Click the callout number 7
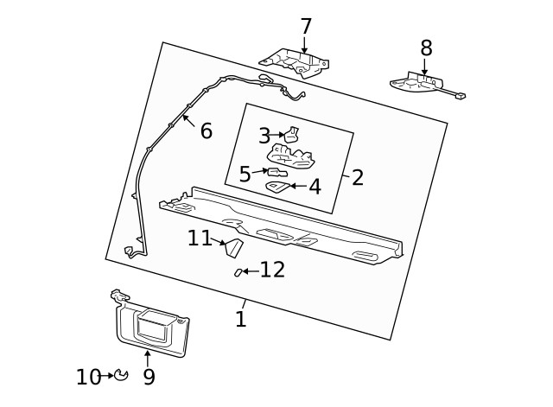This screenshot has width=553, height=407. (306, 27)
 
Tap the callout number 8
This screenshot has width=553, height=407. (426, 48)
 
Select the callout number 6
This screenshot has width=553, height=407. (206, 131)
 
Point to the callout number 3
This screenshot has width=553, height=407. (264, 136)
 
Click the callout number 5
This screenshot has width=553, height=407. (245, 175)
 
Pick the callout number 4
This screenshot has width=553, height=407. (315, 187)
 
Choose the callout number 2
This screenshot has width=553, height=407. (357, 178)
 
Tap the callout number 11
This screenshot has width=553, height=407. (200, 238)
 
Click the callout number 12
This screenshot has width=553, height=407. (272, 270)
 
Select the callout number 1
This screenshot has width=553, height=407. (241, 319)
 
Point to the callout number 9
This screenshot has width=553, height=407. (149, 377)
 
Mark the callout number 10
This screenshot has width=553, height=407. (88, 377)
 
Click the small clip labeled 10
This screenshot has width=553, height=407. (122, 375)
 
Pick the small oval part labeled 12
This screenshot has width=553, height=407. (238, 272)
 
